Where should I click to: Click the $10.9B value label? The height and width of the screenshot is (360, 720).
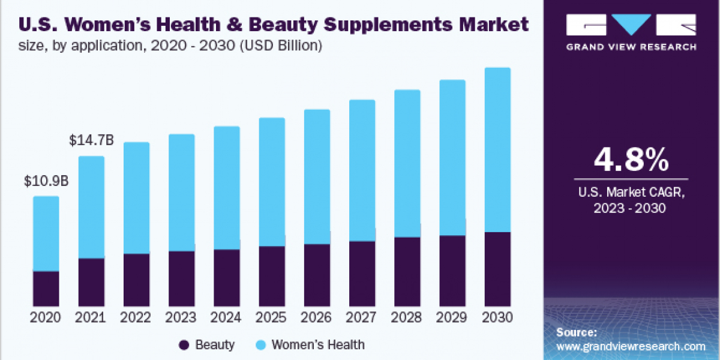[x=46, y=181]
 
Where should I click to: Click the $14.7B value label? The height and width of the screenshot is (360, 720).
[x=91, y=141]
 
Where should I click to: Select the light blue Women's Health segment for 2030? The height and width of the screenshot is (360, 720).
[x=497, y=150]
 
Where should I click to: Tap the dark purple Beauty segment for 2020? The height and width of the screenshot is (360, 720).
[x=46, y=289]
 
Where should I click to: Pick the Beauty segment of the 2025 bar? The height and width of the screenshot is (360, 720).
[x=272, y=276]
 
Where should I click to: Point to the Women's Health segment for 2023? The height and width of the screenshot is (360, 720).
[x=182, y=193]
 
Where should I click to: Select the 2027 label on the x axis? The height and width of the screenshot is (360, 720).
[x=362, y=317]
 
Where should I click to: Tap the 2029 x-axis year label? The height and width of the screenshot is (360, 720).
[x=452, y=317]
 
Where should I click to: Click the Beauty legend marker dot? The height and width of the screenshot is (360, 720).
[x=184, y=345]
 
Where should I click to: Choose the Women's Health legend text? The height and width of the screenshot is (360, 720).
[x=317, y=345]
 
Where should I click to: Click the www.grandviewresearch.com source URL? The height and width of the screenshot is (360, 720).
[x=631, y=346]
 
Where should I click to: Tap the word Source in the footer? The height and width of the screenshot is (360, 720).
[x=576, y=332]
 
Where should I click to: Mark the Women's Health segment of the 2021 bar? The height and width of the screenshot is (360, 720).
[x=91, y=207]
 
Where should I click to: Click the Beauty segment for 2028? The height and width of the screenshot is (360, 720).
[x=407, y=272]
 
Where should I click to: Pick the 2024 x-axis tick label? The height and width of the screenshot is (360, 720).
[x=227, y=317]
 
